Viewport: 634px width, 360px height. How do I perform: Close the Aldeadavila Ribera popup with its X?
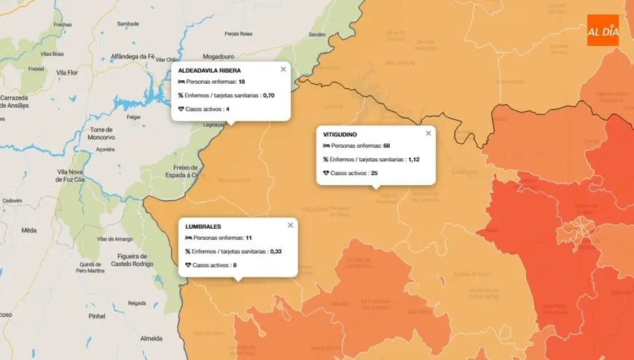[x=283, y=69]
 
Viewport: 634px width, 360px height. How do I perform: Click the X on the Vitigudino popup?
[x=428, y=133]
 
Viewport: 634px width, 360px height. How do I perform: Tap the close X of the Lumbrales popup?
[x=290, y=225]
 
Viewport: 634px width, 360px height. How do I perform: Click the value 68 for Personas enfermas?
[x=387, y=146]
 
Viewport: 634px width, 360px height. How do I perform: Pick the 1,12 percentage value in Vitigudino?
[x=415, y=160]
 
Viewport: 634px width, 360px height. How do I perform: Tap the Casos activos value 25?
[x=374, y=173]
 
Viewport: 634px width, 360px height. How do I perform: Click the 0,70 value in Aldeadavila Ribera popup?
[x=268, y=95]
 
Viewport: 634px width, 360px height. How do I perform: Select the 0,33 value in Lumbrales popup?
[x=275, y=251]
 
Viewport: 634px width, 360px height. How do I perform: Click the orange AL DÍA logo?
[x=603, y=30]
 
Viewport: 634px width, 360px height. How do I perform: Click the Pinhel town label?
[x=95, y=317]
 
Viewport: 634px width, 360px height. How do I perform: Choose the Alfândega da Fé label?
[x=133, y=56]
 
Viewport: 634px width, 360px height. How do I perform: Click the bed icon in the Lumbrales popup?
[x=189, y=238]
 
